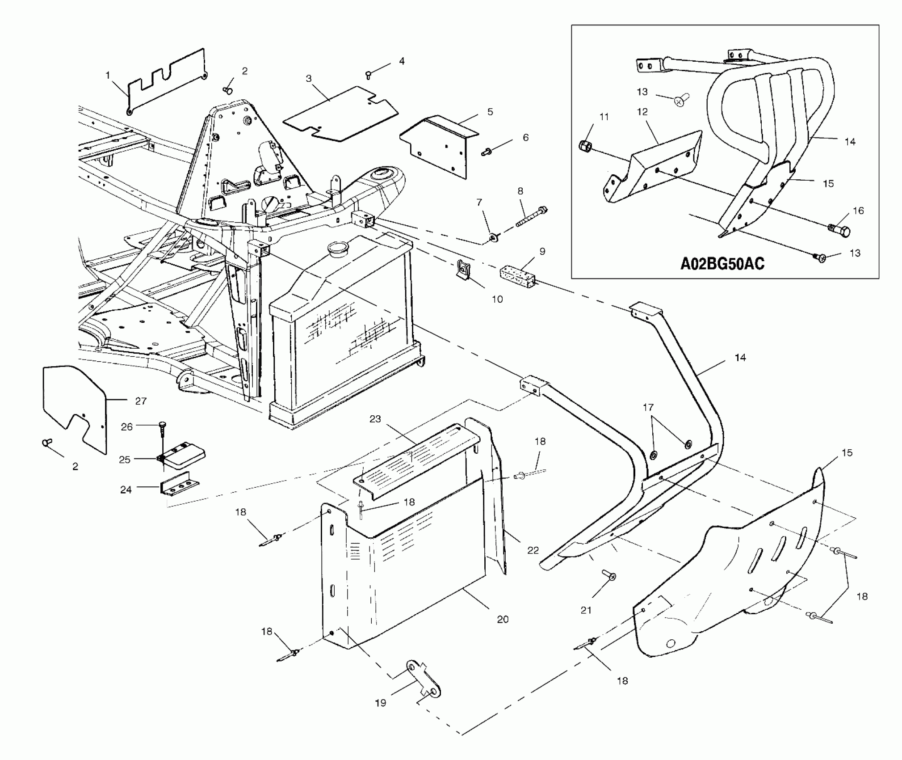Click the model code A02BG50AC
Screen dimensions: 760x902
(722, 263)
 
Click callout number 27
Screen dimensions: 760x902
(141, 401)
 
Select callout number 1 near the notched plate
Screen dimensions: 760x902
(108, 76)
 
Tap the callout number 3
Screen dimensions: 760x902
(309, 79)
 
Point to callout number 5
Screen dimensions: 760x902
(490, 112)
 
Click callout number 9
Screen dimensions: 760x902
(542, 252)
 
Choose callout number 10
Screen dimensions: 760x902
(497, 299)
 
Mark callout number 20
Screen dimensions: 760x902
(503, 619)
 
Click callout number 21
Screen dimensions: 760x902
(586, 610)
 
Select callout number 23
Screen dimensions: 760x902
(375, 419)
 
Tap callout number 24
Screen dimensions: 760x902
(126, 490)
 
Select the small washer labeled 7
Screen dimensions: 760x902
(494, 236)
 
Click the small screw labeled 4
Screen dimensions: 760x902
(369, 75)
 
